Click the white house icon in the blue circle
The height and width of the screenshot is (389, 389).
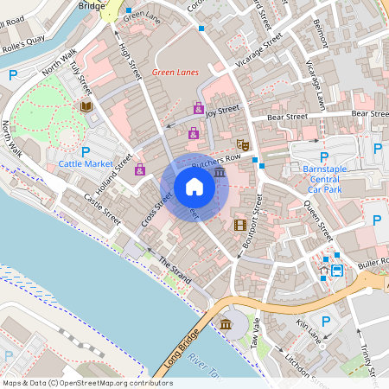coord(194,186)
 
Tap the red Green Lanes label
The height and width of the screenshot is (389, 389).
coord(175,73)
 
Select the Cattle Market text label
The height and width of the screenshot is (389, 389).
coord(86,163)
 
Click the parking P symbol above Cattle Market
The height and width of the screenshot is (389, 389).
coord(86,151)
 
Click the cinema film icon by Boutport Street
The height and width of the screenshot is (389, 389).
coord(239,226)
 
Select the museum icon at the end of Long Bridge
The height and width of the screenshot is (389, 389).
coord(226,324)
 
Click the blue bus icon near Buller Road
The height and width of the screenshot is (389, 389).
coord(337,270)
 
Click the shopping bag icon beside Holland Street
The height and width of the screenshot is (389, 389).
coord(139,169)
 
